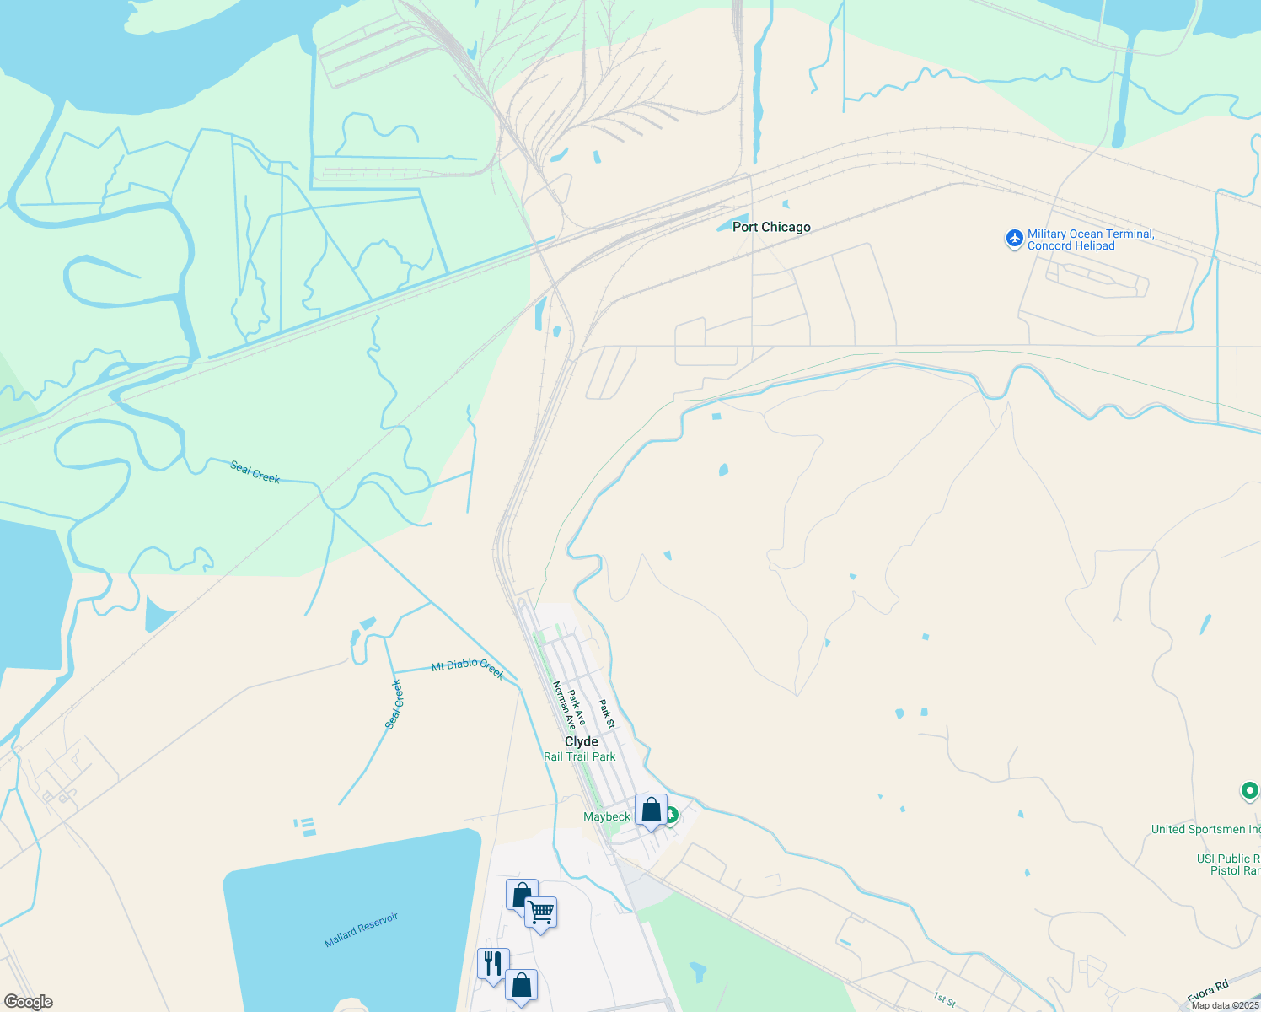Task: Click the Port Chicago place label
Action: tap(771, 227)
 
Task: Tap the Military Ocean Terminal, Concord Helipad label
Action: tap(1090, 240)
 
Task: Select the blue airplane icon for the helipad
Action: tap(1015, 239)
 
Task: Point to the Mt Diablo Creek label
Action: tap(468, 670)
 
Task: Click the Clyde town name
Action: tap(582, 741)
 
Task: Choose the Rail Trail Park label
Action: tap(580, 756)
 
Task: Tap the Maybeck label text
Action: tap(607, 816)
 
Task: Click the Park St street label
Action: tap(607, 713)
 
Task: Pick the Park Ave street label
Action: tap(577, 708)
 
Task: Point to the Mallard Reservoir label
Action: tap(361, 929)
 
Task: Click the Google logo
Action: tap(28, 1002)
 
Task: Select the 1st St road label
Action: tap(945, 1000)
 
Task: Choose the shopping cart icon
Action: tap(540, 912)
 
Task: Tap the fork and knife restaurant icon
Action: tap(493, 963)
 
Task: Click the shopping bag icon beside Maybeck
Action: tap(652, 810)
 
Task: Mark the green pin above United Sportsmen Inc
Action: tap(1250, 791)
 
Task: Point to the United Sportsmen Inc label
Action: tap(1205, 829)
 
